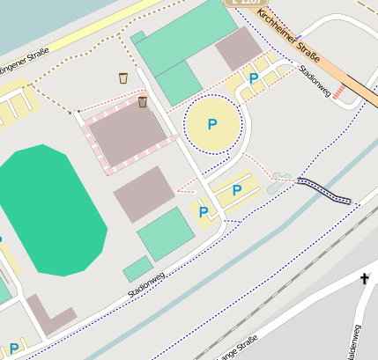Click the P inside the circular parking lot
click(x=211, y=125)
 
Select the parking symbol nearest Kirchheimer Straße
click(x=254, y=79)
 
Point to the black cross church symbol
click(x=364, y=280)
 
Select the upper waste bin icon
click(x=123, y=78)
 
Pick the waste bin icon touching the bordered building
click(x=142, y=102)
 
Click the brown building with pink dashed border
click(x=126, y=136)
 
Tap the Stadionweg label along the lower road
click(x=146, y=283)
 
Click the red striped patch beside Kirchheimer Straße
click(x=339, y=92)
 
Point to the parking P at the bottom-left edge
click(x=13, y=349)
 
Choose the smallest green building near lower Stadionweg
click(x=137, y=268)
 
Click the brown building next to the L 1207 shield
click(x=239, y=48)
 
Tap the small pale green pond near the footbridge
click(x=278, y=182)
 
